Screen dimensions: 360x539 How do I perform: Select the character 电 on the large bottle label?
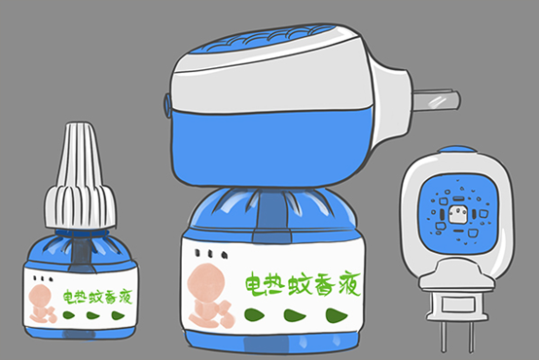pyautogui.click(x=254, y=282)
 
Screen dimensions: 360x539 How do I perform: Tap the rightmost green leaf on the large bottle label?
pyautogui.click(x=334, y=314)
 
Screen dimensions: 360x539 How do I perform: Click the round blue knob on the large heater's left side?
pyautogui.click(x=166, y=102)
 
